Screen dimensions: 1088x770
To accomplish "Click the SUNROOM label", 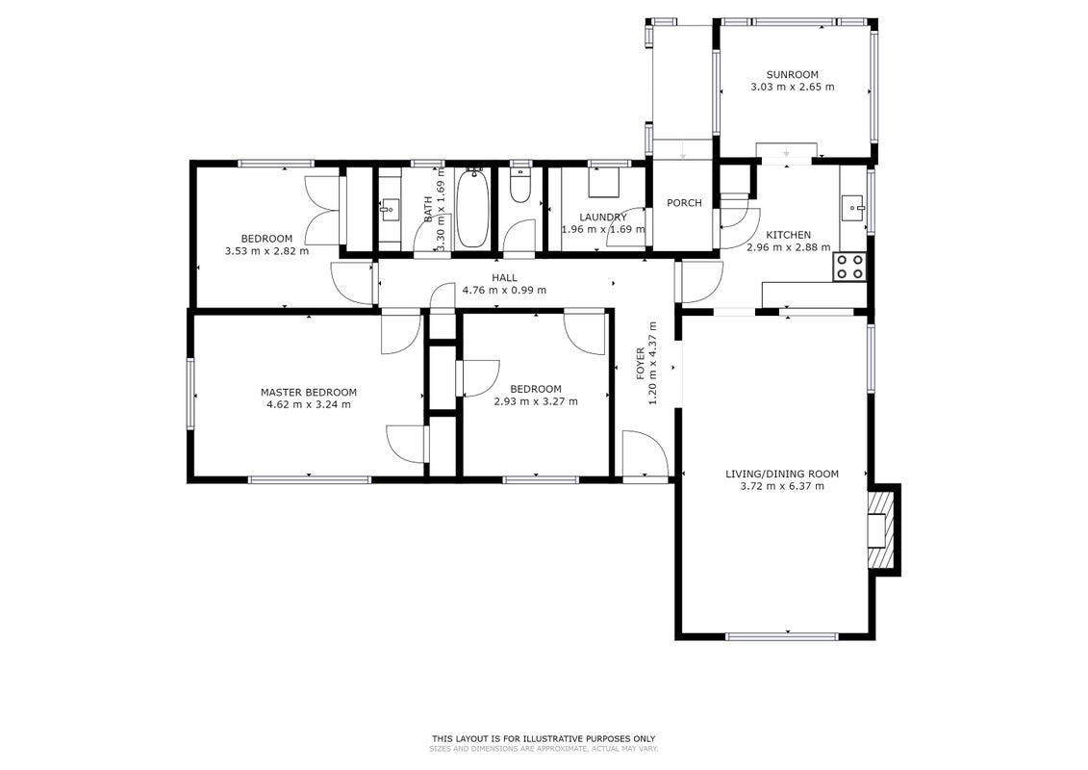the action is (792, 74).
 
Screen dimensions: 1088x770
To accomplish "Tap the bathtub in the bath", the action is (473, 208).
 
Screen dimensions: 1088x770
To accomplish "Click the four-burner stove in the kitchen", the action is (849, 267).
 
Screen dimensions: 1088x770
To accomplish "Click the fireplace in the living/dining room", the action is (882, 529).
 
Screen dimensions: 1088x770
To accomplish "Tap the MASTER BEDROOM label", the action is (309, 393).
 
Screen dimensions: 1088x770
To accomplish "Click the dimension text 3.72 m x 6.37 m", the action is (782, 486).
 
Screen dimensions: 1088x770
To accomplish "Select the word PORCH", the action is (684, 203).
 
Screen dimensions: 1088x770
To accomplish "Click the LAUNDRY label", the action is (603, 218).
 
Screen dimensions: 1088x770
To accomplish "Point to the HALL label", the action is (504, 278).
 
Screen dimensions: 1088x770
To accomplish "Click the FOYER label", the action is (641, 364).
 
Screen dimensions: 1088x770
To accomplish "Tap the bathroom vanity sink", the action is (390, 208).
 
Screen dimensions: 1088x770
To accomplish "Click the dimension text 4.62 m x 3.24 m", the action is (309, 404).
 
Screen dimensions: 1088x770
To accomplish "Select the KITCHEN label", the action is (788, 235).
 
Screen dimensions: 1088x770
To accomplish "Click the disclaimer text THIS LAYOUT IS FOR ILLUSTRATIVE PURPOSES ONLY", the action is (544, 739).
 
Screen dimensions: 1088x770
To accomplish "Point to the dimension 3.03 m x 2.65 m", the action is (793, 87).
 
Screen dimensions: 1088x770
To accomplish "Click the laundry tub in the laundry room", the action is (603, 182).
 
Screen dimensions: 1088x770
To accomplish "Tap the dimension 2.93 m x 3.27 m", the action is (536, 401).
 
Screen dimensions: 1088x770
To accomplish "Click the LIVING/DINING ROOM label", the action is (782, 475).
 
